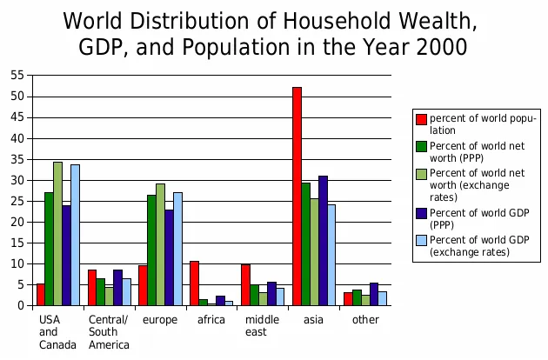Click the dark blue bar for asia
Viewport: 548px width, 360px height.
323,240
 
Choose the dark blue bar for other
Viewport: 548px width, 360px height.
374,294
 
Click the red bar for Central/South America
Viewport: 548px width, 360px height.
91,287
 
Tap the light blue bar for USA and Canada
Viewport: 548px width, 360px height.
75,235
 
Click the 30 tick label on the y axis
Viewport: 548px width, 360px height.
17,180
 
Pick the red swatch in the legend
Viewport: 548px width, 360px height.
422,119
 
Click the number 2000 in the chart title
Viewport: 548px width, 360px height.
435,45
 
